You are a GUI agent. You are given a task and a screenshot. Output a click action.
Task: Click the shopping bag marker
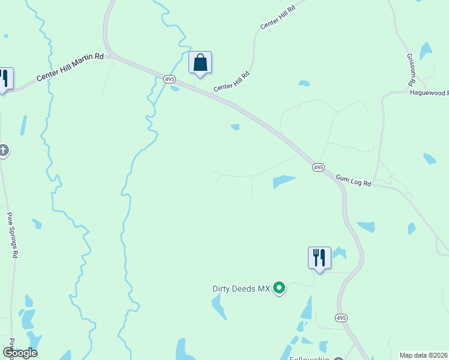click(x=200, y=63)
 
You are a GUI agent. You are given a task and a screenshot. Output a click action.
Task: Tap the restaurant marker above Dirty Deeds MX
click(x=319, y=258)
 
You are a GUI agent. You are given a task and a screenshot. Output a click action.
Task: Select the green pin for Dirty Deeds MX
click(x=279, y=289)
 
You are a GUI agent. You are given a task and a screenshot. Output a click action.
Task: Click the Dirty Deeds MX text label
click(x=242, y=289)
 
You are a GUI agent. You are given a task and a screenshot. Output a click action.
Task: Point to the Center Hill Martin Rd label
click(x=70, y=67)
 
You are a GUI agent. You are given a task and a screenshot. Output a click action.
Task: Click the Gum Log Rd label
click(x=354, y=179)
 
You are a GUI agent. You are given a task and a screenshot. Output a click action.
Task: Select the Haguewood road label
click(x=429, y=92)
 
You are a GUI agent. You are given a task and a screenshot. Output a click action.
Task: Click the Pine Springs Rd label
click(x=12, y=235)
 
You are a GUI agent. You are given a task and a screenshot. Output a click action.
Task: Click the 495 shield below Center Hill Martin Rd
click(x=169, y=79)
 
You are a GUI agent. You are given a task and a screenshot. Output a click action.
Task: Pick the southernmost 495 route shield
click(x=341, y=317)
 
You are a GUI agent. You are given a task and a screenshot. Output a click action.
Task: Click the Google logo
click(x=20, y=353)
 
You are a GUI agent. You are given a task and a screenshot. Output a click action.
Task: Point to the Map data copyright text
click(x=424, y=355)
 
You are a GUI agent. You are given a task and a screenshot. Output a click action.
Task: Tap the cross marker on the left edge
click(x=3, y=150)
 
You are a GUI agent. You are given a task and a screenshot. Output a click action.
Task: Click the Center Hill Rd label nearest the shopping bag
click(x=231, y=82)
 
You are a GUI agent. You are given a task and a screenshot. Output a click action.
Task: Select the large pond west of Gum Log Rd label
click(x=284, y=181)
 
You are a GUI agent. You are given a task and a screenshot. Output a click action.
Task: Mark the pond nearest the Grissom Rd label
click(x=426, y=51)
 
